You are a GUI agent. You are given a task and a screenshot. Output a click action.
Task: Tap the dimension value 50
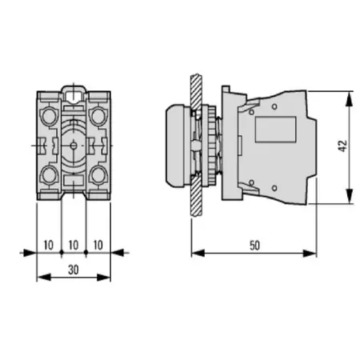click(x=254, y=246)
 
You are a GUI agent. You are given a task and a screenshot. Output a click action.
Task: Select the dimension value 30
click(x=74, y=270)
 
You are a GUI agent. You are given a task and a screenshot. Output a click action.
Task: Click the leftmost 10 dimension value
click(x=50, y=244)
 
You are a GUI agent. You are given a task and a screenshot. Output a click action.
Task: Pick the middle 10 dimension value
click(x=74, y=244)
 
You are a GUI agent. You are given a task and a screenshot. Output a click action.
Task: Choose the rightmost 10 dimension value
click(x=98, y=244)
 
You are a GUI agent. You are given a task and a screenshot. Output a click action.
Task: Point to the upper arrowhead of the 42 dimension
click(x=350, y=97)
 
